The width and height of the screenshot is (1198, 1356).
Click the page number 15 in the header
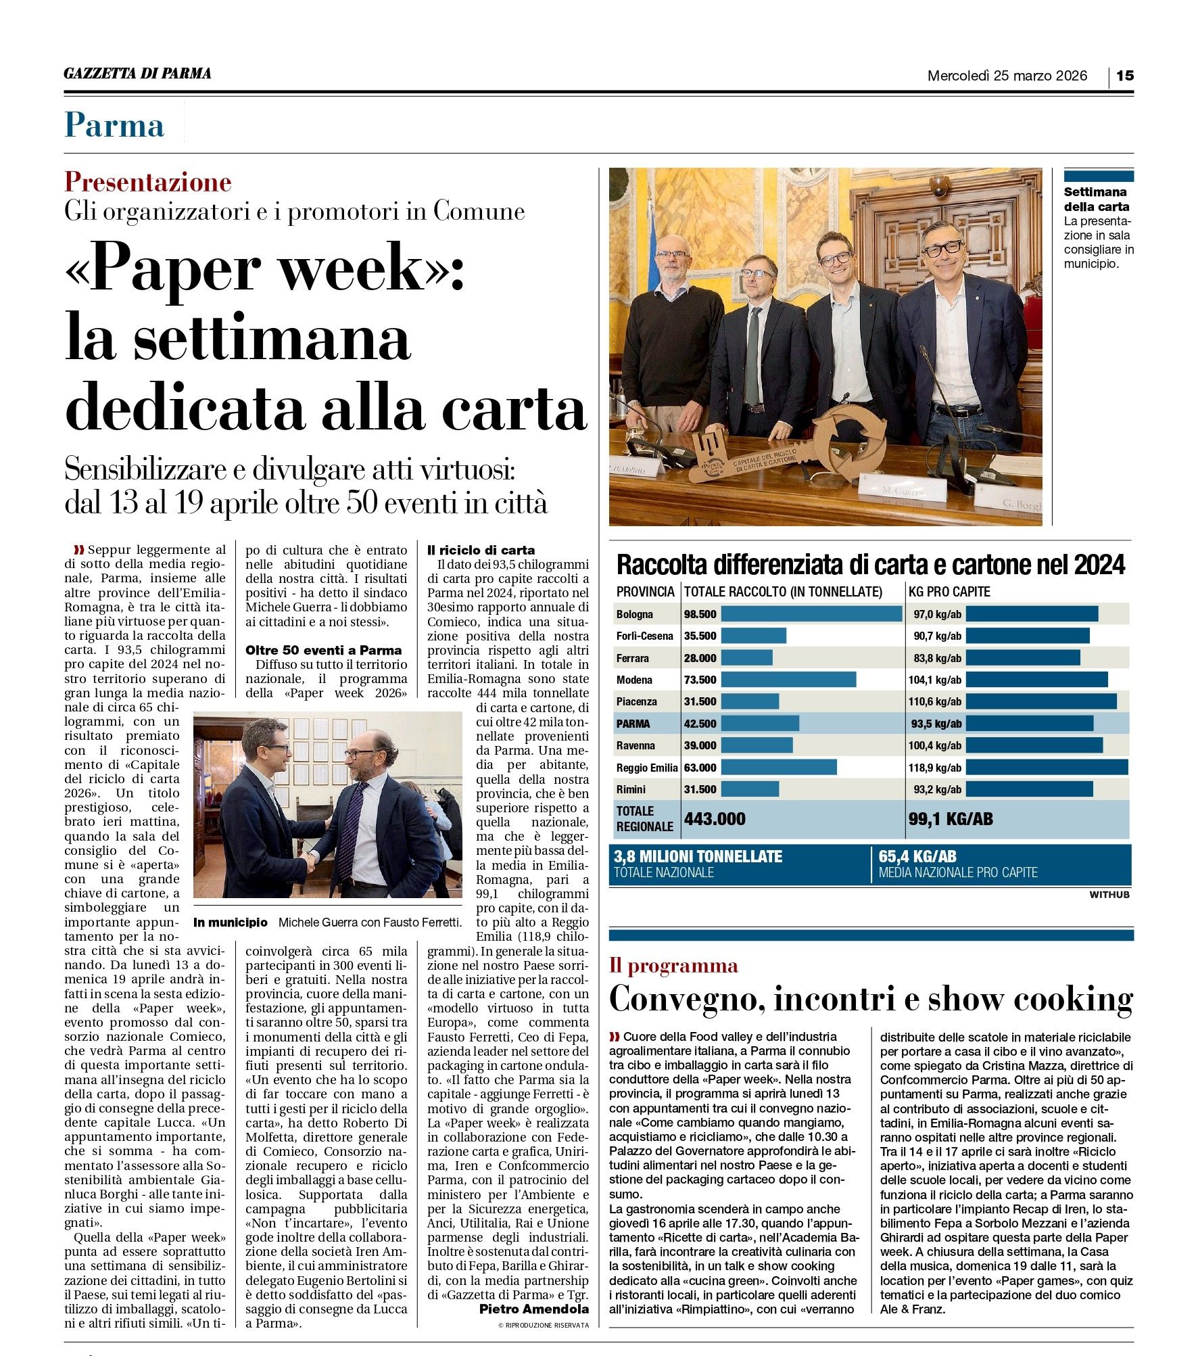1124,76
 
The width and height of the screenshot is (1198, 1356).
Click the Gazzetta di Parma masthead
137,74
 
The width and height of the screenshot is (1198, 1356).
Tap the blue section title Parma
114,125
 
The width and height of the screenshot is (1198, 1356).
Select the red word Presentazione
147,182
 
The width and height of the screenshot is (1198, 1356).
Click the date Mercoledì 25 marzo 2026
1007,76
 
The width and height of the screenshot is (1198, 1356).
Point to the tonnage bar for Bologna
811,614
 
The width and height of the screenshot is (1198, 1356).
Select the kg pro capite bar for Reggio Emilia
1047,767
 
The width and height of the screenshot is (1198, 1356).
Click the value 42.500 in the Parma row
700,724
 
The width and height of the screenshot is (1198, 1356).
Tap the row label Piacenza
636,701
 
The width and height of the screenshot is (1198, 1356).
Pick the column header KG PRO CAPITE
949,592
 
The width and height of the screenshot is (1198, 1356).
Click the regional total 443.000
715,819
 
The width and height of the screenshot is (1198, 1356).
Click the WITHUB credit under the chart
1109,895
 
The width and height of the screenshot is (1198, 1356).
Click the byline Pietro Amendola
533,1309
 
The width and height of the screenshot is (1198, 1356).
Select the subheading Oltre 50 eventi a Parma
323,650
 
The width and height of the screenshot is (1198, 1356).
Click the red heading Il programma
673,965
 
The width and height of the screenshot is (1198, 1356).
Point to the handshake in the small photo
312,862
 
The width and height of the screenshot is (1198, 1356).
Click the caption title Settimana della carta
1096,199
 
